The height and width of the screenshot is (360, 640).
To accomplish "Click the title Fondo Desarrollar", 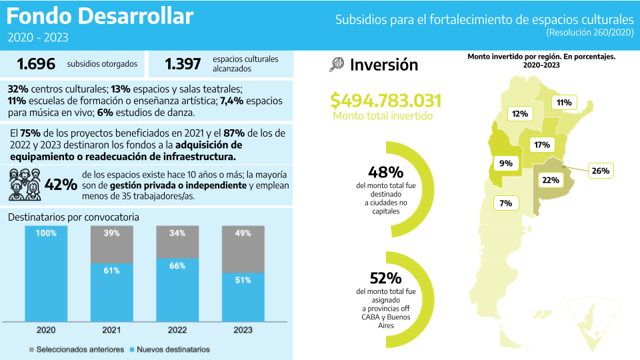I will click(100, 15).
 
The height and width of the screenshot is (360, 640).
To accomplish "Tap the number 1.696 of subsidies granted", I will click(36, 64).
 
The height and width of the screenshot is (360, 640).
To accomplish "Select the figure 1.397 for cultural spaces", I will click(183, 64).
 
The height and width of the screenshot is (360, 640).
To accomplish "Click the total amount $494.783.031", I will click(386, 101).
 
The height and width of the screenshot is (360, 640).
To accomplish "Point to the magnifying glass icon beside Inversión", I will click(337, 64).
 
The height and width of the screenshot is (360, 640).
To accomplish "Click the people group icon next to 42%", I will click(25, 185).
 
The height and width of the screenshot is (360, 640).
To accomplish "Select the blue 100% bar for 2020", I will click(46, 273).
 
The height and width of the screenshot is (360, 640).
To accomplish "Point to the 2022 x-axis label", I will click(177, 330).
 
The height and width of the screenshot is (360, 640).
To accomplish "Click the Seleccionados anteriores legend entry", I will click(76, 349).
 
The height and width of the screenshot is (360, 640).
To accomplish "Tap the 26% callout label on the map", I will click(600, 171).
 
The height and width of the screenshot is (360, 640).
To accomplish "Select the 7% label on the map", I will click(505, 203).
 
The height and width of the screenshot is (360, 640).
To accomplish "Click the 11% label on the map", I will click(564, 103).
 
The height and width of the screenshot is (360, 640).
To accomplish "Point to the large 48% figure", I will click(385, 173).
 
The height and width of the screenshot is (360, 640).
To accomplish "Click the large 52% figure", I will click(385, 279).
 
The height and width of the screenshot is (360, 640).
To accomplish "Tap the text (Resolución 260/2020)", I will click(589, 32).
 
